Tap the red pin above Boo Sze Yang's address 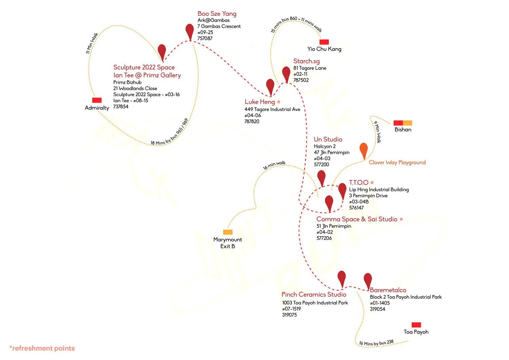[x=190, y=31]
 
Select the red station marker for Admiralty [x=97, y=100]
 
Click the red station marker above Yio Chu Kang [x=324, y=42]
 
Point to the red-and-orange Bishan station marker [x=403, y=123]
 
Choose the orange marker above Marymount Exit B [x=228, y=232]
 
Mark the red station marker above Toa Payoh [x=416, y=325]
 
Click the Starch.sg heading [x=306, y=61]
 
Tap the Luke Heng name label [x=260, y=102]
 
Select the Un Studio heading [x=328, y=139]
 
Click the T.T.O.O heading [x=359, y=183]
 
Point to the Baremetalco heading [x=388, y=290]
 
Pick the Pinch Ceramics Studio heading [x=314, y=294]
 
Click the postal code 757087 [x=205, y=38]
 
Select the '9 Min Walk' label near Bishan [x=378, y=132]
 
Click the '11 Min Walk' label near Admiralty [x=92, y=43]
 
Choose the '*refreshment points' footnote [x=42, y=348]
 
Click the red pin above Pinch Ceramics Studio [x=342, y=278]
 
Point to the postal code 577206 [x=324, y=238]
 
